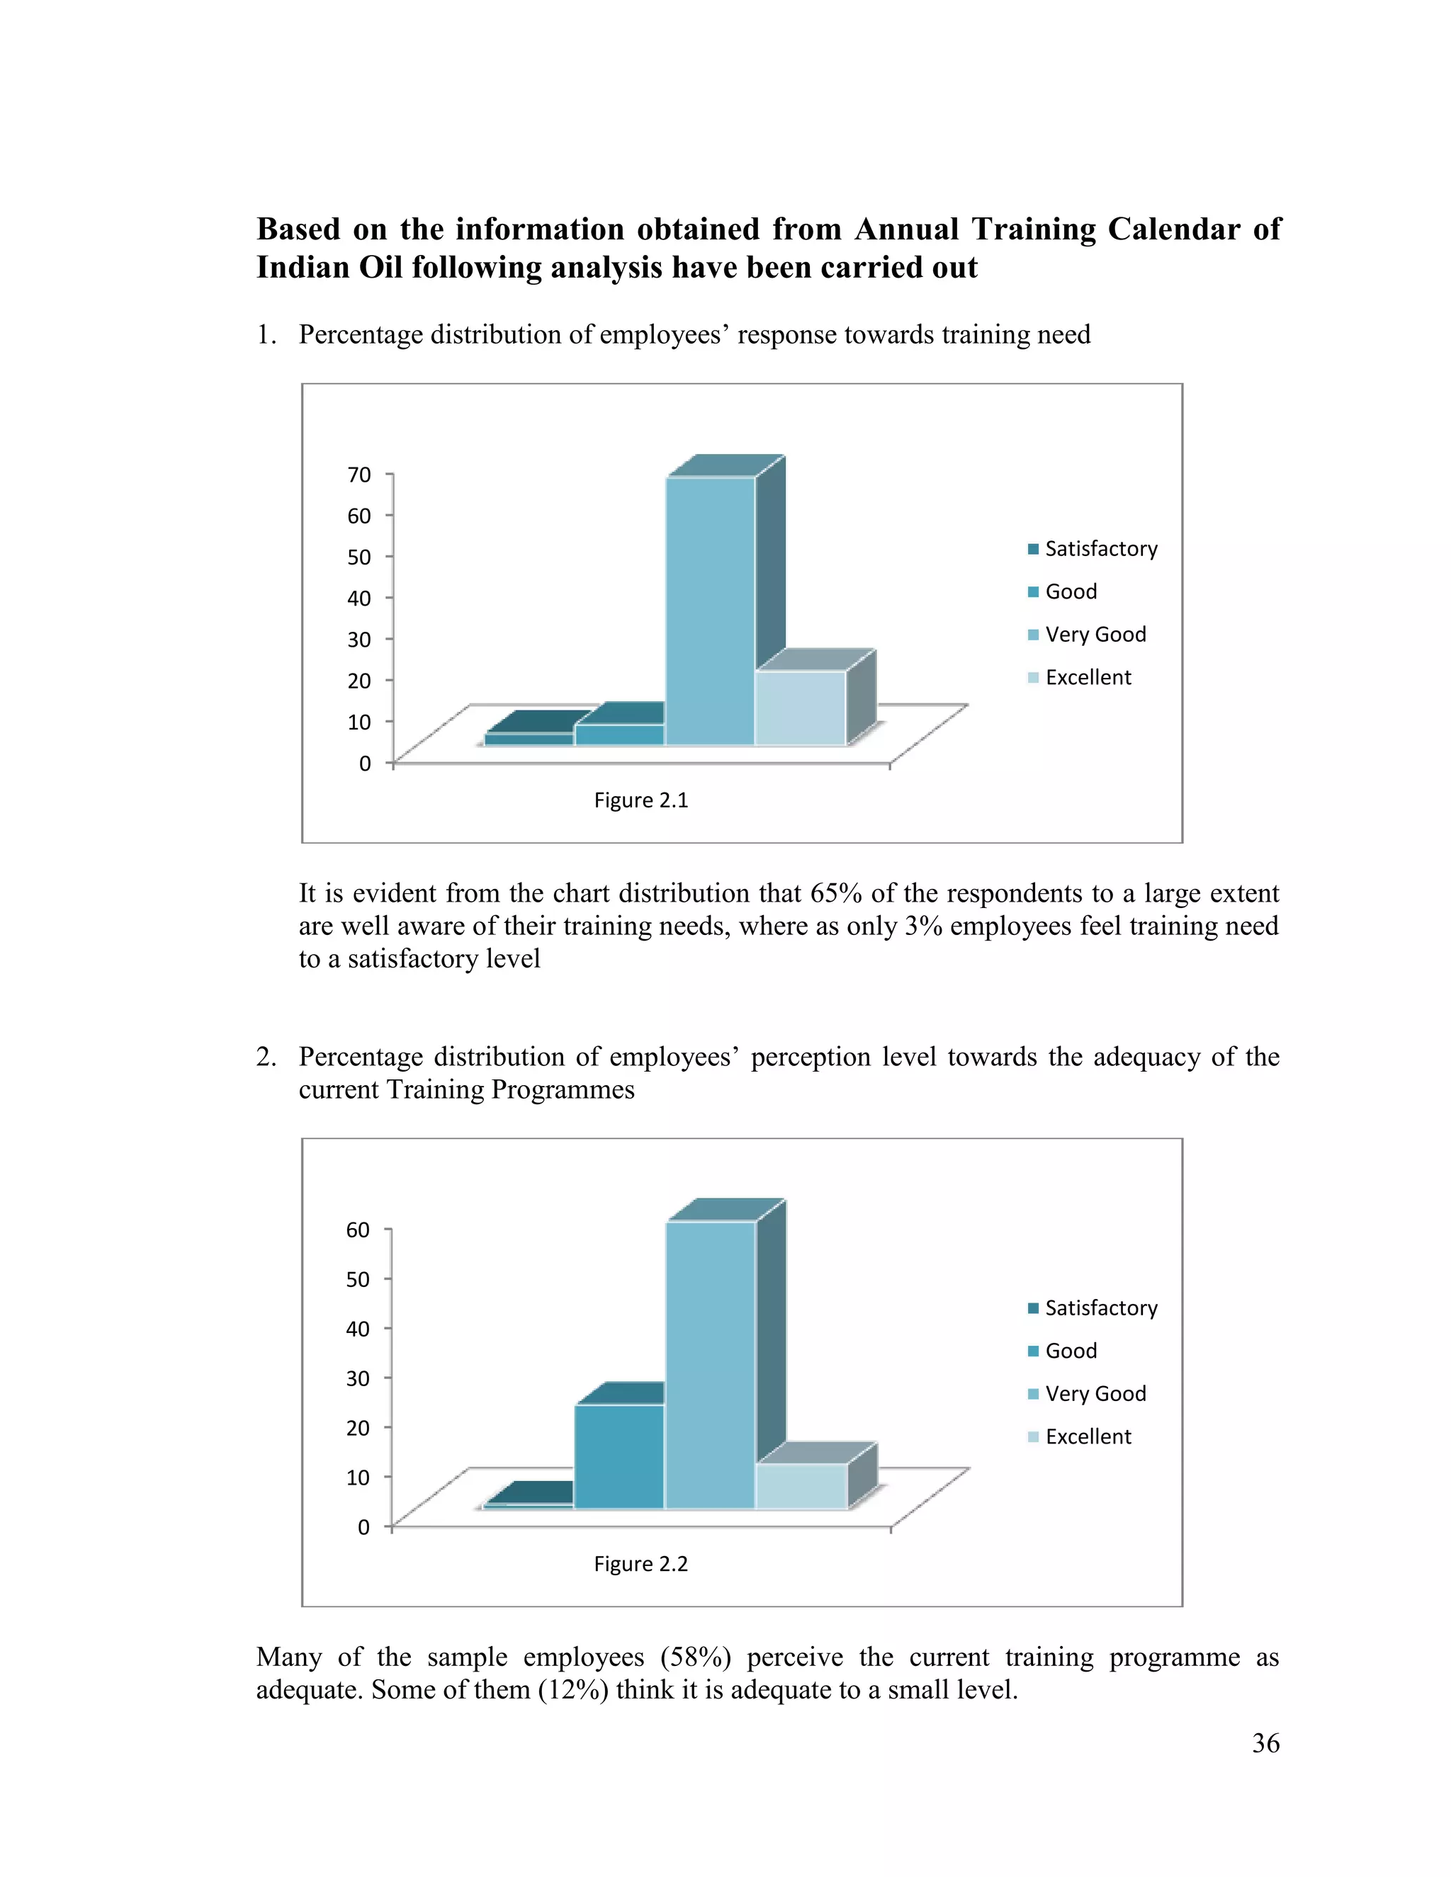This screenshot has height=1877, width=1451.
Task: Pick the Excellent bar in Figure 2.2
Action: click(x=801, y=1486)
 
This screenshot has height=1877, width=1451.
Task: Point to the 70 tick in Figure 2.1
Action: click(x=359, y=475)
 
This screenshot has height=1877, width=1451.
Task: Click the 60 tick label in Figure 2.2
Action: click(x=358, y=1230)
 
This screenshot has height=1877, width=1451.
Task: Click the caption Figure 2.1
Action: click(x=641, y=800)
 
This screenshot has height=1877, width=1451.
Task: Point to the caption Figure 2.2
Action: click(x=641, y=1563)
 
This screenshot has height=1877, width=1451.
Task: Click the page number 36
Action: click(x=1265, y=1743)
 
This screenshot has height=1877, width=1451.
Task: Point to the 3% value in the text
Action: click(x=924, y=926)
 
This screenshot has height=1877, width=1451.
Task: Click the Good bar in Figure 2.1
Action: click(x=619, y=735)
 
